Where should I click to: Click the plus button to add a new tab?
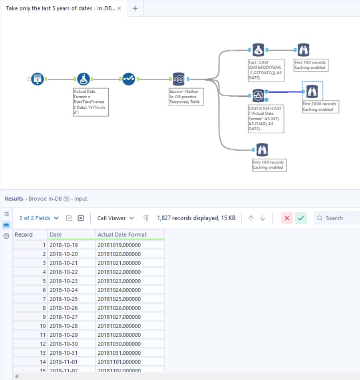[135, 8]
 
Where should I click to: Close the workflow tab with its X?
[119, 8]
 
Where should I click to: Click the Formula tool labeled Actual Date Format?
[83, 79]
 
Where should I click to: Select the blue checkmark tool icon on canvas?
[129, 79]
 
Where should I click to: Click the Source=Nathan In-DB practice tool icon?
[178, 79]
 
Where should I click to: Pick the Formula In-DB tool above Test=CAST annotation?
[258, 50]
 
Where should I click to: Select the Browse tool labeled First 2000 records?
[312, 92]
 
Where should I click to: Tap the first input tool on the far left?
[38, 79]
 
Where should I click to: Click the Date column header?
[72, 235]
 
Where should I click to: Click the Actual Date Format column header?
[130, 235]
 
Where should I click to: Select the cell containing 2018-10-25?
[72, 299]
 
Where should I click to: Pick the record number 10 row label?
[30, 326]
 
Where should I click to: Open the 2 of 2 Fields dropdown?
[39, 218]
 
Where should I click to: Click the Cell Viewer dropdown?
[115, 218]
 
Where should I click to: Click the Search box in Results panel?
[340, 218]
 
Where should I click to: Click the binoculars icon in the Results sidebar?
[6, 225]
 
